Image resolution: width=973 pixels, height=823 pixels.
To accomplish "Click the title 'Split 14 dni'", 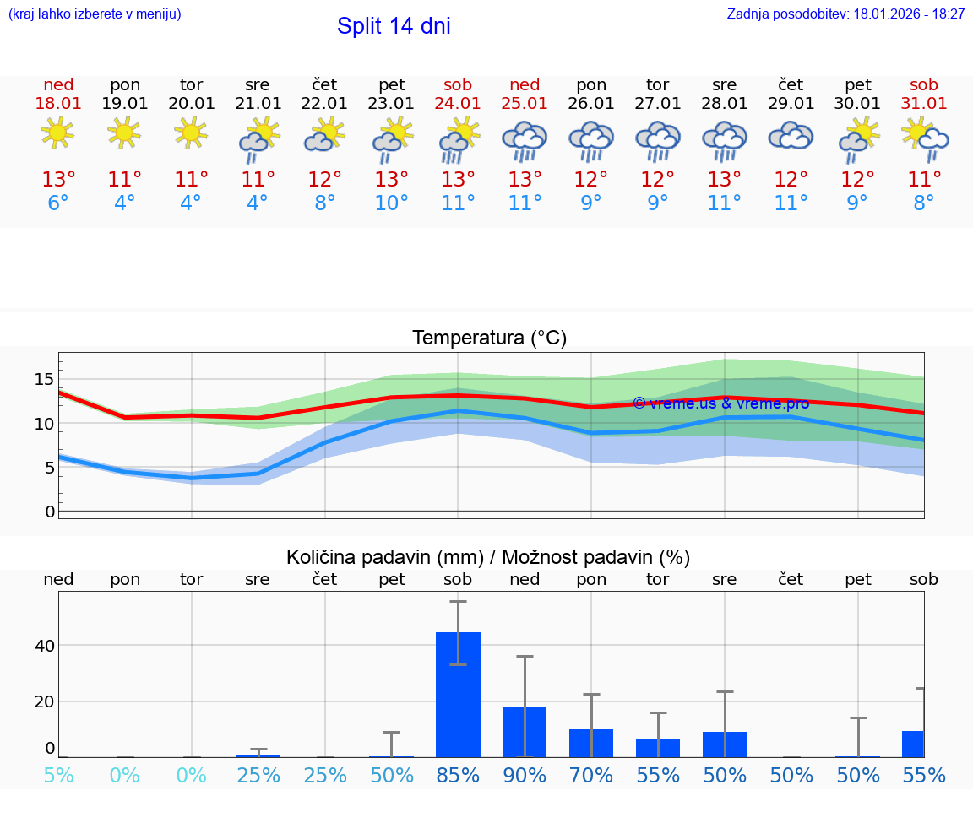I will click(x=394, y=26).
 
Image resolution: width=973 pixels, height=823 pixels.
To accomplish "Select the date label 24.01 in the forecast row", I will click(x=458, y=104).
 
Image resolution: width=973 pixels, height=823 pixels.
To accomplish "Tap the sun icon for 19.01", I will click(x=125, y=133).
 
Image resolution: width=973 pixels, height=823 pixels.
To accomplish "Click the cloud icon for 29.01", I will click(x=791, y=136).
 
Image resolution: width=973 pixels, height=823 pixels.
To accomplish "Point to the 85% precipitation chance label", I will click(x=458, y=775).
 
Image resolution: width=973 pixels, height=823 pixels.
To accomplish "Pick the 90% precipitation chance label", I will click(x=525, y=775).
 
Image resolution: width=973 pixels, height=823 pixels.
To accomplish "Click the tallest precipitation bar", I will click(x=458, y=694).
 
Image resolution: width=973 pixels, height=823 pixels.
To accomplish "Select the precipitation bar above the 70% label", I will click(x=591, y=743).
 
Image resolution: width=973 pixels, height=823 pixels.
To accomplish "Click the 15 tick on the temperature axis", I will click(x=44, y=380).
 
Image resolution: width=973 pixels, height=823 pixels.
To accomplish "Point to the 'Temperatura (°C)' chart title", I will click(x=489, y=338).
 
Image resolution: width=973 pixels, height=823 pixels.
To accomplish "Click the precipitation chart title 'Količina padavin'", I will click(x=488, y=557).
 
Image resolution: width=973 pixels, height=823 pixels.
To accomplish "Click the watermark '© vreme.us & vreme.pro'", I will click(x=720, y=403).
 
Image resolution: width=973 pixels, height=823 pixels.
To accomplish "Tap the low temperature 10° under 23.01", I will click(x=391, y=203).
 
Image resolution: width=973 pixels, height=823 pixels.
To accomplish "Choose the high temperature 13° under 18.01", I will click(x=58, y=180).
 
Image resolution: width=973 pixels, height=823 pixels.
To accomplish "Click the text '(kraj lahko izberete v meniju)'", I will click(x=95, y=14).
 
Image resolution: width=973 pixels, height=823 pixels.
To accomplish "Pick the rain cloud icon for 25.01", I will click(x=525, y=139).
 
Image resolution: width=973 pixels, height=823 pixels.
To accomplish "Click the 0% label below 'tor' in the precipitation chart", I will click(x=192, y=775).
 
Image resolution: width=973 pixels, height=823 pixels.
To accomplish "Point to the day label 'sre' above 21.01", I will click(x=258, y=84).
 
